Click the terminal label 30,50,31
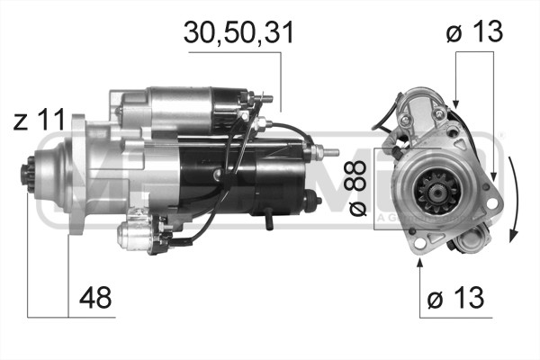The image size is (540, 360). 238,32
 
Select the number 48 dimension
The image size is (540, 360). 95,299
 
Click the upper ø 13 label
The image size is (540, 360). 474,32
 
